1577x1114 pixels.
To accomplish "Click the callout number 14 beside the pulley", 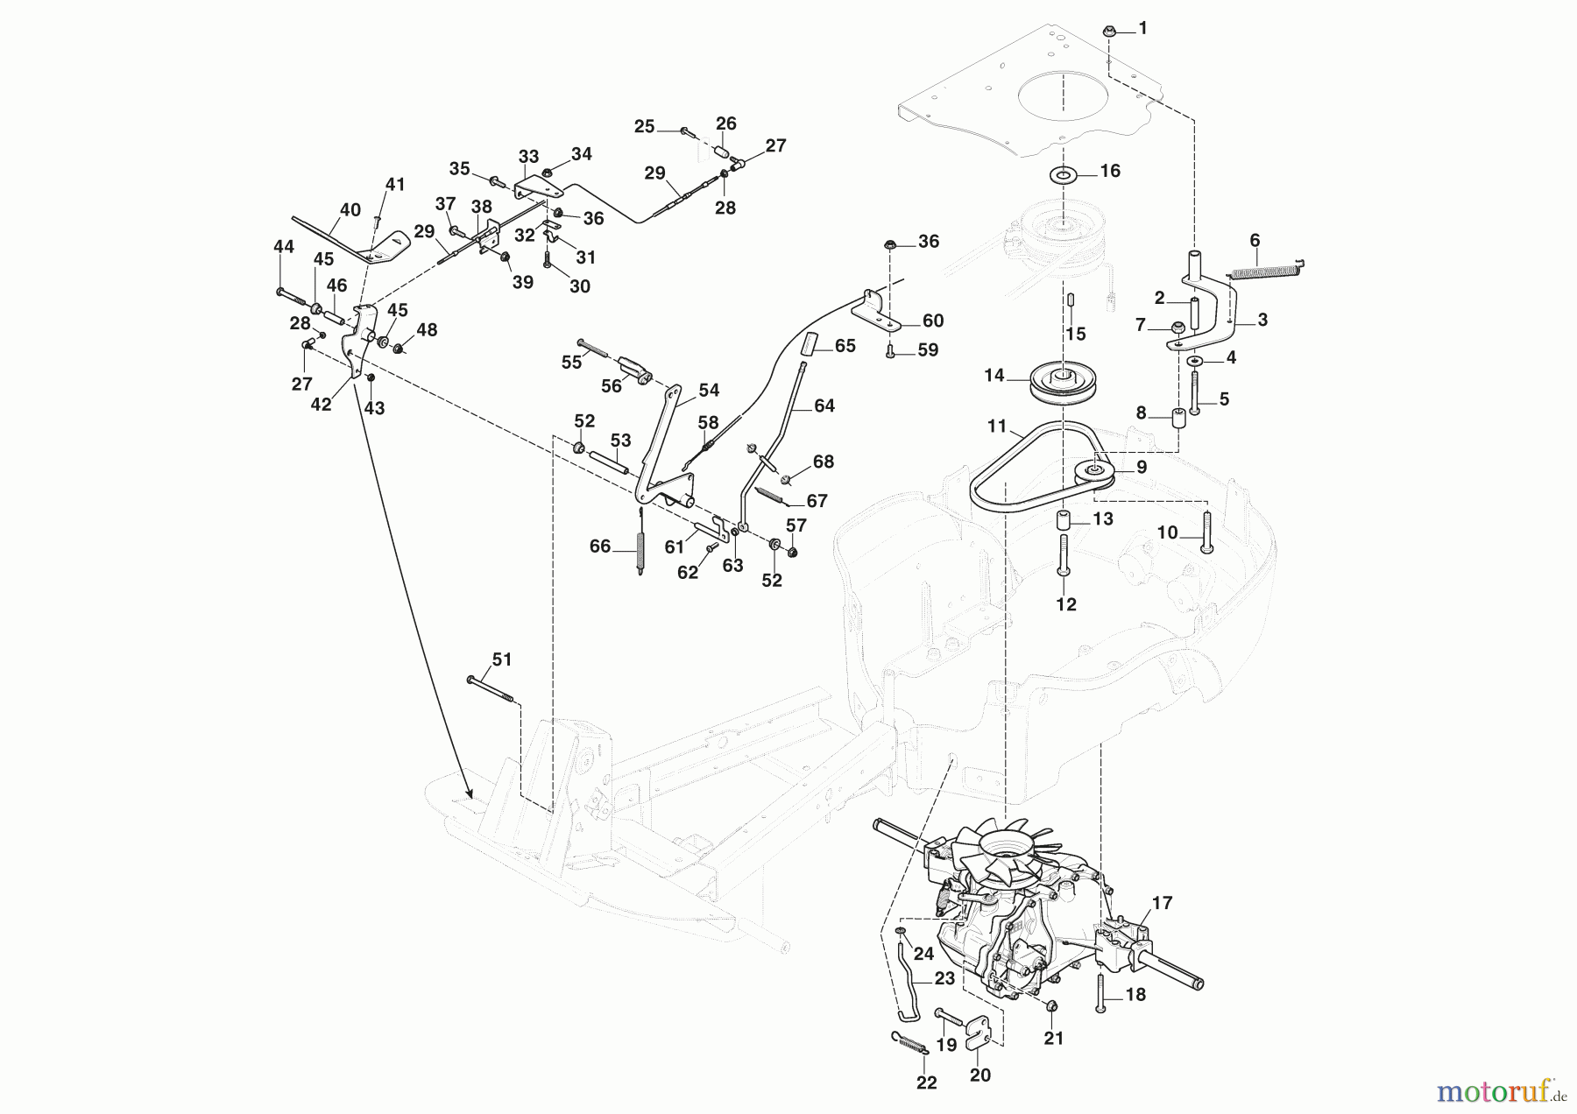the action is [x=994, y=375].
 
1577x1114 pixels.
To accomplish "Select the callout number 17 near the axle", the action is [x=1162, y=902].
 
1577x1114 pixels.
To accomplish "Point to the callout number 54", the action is [x=709, y=391].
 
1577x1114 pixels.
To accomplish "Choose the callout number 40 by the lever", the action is [x=350, y=210].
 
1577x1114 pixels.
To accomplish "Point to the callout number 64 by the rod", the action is [x=824, y=405].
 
